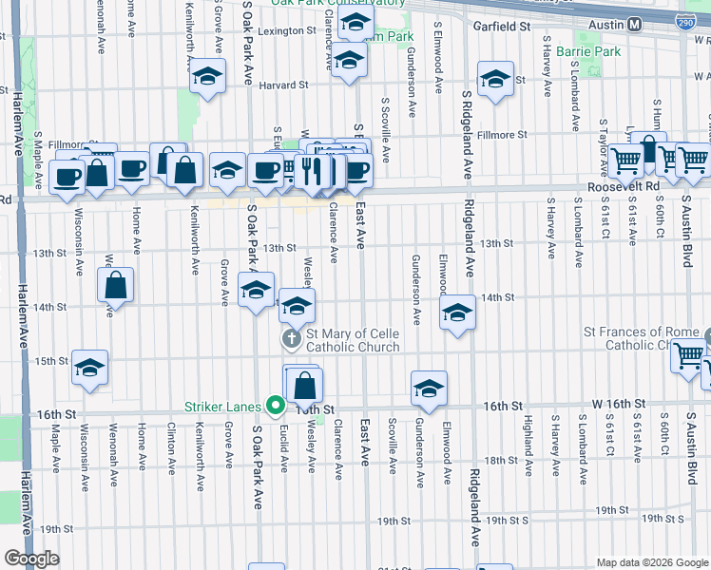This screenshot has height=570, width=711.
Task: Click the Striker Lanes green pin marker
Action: (277, 406)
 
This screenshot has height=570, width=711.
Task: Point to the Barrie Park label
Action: (588, 50)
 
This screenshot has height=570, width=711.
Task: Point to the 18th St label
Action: (500, 461)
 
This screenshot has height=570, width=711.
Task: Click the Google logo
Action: (31, 559)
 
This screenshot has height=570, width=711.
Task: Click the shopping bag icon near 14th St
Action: (115, 284)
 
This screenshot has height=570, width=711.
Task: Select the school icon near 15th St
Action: (89, 368)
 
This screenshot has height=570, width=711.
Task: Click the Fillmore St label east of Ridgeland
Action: (500, 135)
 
